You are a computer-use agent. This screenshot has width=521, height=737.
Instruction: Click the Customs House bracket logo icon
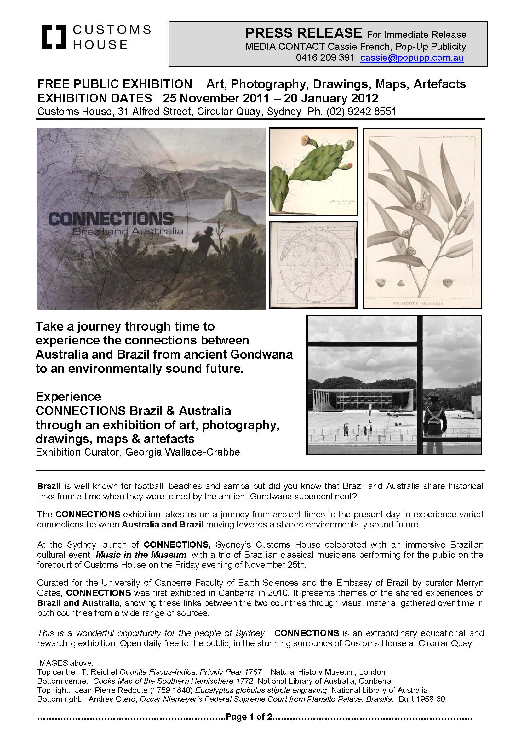point(54,37)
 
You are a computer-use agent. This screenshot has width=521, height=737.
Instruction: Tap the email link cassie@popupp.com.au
point(412,58)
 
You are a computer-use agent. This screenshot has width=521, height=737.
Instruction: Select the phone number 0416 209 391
point(325,58)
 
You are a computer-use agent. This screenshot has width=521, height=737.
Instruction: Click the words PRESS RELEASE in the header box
point(303,33)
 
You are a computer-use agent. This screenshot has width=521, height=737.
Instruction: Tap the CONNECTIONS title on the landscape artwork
point(111,220)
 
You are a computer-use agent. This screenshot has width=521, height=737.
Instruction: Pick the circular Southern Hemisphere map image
point(313,265)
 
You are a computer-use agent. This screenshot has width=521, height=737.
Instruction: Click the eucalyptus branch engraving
point(422,218)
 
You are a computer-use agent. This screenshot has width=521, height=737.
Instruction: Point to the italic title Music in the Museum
point(141,555)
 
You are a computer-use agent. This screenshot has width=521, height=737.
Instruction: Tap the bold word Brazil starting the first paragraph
point(49,486)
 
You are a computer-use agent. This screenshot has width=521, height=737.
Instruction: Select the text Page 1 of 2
point(249,717)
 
